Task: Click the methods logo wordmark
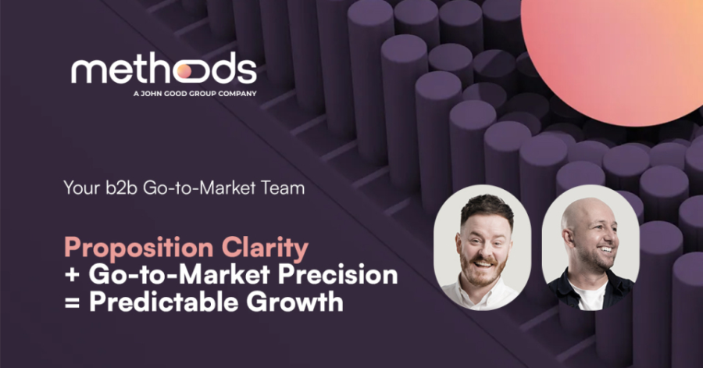[164, 68]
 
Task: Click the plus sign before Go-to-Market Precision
[72, 275]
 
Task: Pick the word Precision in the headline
[338, 275]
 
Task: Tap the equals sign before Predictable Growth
[72, 302]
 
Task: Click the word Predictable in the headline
[164, 302]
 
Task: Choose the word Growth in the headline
[295, 302]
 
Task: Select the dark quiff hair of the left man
[487, 207]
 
